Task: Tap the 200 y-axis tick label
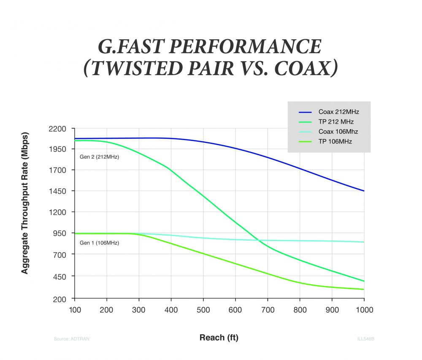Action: pos(60,299)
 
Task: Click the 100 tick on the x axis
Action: pos(75,310)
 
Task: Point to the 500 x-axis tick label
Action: pos(203,310)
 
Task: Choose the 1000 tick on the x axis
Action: pos(364,310)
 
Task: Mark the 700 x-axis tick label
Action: pos(268,310)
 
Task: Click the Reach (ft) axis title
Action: pos(219,338)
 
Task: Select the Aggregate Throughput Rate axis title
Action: pos(25,204)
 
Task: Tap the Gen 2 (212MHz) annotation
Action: pos(99,157)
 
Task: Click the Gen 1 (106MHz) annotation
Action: pos(99,243)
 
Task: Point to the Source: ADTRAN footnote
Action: pos(72,338)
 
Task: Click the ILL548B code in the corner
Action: pos(366,338)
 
